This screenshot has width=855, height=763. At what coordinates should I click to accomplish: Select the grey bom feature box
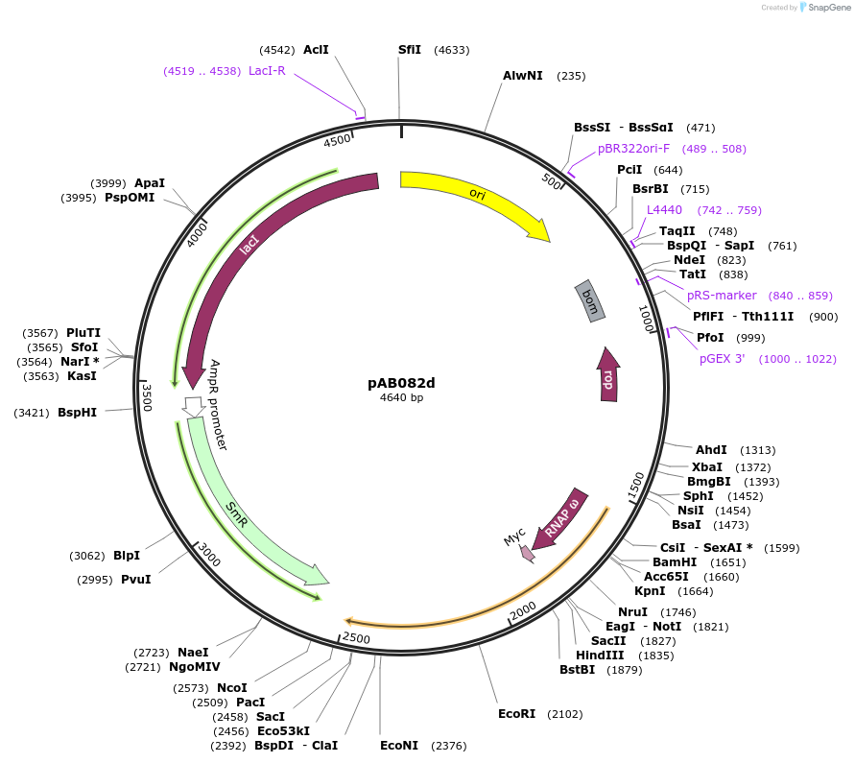[590, 300]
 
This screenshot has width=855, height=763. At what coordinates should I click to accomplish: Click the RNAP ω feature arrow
[562, 518]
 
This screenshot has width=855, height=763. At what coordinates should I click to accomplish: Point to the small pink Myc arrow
[527, 553]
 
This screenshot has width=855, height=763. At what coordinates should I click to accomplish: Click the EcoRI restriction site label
[516, 714]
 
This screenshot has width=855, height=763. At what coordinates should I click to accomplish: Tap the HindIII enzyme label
[600, 656]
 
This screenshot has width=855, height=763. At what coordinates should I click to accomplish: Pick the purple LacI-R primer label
[267, 70]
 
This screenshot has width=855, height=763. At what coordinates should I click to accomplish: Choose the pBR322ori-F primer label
[633, 149]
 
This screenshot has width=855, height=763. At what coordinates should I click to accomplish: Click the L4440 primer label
[664, 210]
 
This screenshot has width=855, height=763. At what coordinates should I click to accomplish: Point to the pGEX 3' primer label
[722, 359]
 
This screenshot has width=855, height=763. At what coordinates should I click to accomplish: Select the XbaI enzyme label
[707, 466]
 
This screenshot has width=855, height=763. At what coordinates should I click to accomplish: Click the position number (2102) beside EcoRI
[564, 714]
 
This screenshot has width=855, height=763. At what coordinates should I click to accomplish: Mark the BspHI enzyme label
[77, 413]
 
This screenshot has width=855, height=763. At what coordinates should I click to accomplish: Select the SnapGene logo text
[831, 8]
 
